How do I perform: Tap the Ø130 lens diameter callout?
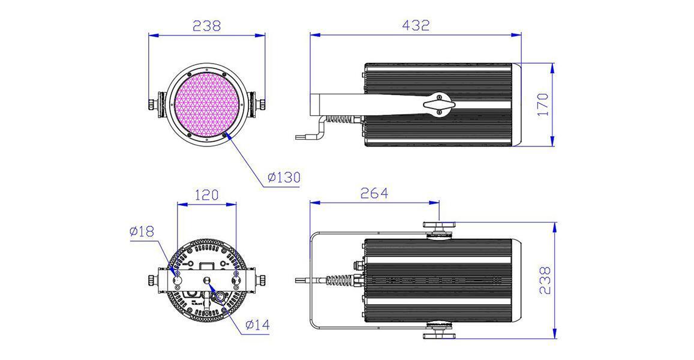pyautogui.click(x=284, y=178)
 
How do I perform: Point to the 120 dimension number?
pyautogui.click(x=207, y=194)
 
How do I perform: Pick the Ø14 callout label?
pyautogui.click(x=257, y=325)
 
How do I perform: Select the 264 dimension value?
pyautogui.click(x=374, y=193)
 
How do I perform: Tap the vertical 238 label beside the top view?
pyautogui.click(x=546, y=280)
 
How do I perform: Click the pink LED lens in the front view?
pyautogui.click(x=207, y=104)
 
